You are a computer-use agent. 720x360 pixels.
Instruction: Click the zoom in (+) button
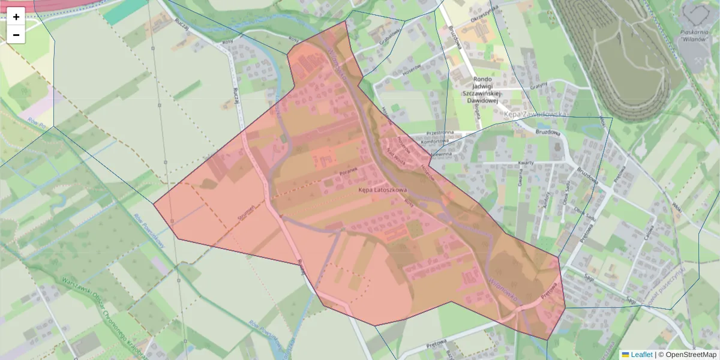click(x=16, y=17)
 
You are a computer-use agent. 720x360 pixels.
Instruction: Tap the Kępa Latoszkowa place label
click(x=383, y=190)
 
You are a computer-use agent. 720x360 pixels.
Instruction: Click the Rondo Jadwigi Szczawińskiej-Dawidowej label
click(x=482, y=89)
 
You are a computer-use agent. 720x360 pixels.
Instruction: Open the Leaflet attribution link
click(x=641, y=355)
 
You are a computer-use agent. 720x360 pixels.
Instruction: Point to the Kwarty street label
click(x=526, y=163)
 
